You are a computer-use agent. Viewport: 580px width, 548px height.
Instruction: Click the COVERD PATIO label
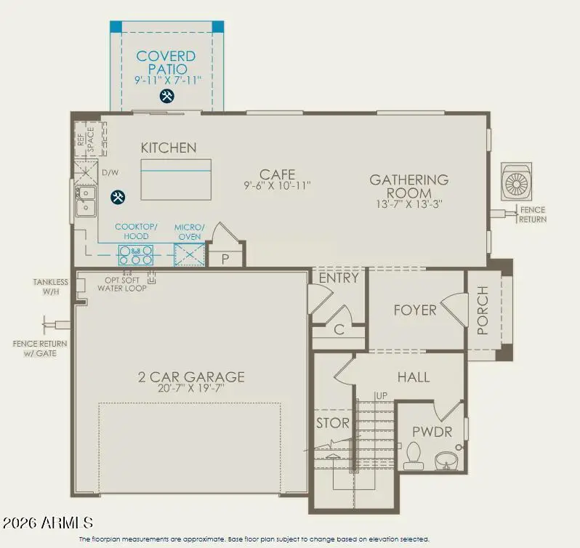click(166, 63)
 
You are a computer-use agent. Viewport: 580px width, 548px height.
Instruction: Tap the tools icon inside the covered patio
click(166, 96)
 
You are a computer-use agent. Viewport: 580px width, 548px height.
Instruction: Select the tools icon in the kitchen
click(117, 197)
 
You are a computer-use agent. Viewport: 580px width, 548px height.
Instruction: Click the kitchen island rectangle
click(176, 179)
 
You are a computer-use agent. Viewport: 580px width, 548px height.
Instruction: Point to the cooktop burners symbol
click(136, 254)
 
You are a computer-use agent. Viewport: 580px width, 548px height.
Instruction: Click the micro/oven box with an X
click(188, 255)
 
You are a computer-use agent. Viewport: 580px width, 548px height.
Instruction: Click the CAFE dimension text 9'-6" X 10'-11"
click(277, 186)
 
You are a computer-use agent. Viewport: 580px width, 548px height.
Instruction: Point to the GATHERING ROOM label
click(408, 186)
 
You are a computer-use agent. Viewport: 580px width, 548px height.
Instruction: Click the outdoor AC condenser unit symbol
click(518, 182)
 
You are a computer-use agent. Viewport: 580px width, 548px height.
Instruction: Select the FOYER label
click(415, 310)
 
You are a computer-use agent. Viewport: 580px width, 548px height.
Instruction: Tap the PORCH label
click(483, 311)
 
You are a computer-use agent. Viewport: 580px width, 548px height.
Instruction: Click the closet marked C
click(338, 329)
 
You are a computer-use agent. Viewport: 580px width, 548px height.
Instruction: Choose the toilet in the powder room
click(415, 454)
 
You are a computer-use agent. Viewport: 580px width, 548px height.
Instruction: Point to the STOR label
click(333, 423)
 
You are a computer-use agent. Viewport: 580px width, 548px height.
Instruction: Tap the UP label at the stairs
click(382, 395)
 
